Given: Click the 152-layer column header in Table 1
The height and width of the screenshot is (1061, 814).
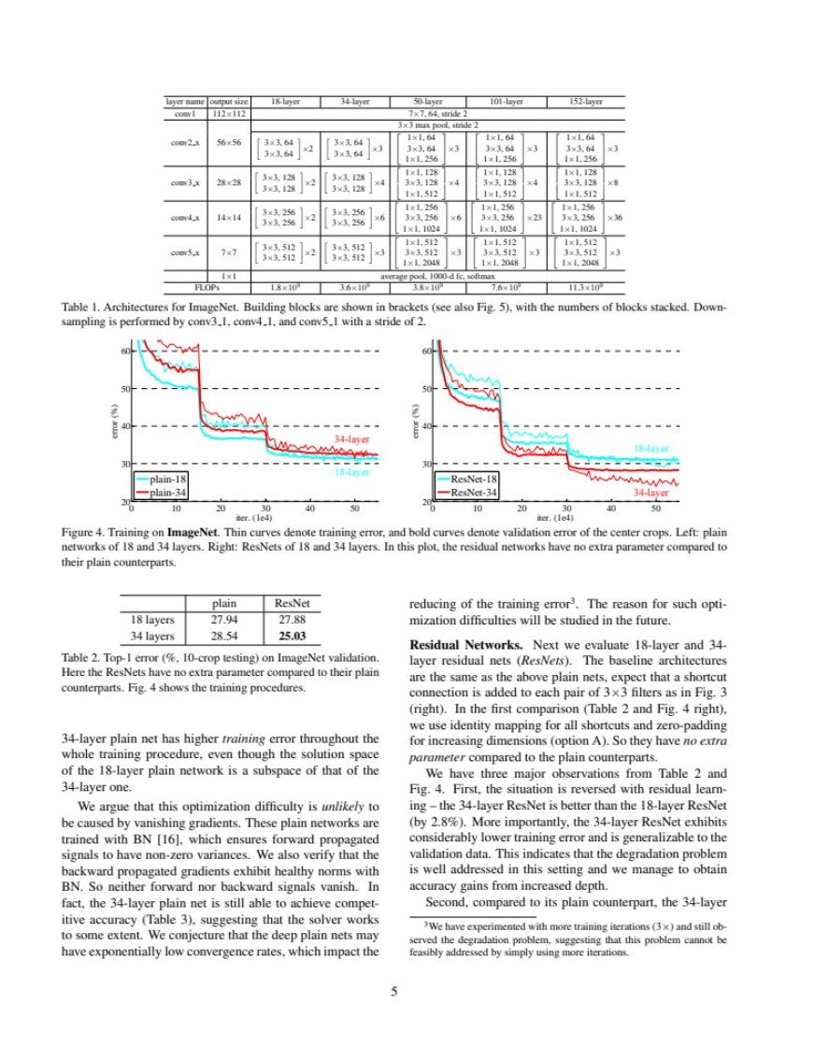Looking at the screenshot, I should click(586, 101).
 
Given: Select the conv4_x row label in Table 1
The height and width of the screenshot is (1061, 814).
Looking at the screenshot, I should click(182, 217).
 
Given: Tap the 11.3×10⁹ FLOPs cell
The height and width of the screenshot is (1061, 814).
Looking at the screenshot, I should click(586, 288).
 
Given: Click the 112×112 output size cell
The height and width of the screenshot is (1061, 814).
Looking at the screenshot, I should click(229, 113).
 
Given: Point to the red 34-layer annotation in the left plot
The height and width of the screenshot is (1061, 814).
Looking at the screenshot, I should click(351, 437).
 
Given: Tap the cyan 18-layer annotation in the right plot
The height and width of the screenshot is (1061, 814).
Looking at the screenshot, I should click(651, 449).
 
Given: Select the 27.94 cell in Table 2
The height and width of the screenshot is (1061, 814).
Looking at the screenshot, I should click(224, 619).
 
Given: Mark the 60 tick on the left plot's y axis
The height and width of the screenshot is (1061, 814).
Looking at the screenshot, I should click(124, 351).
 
